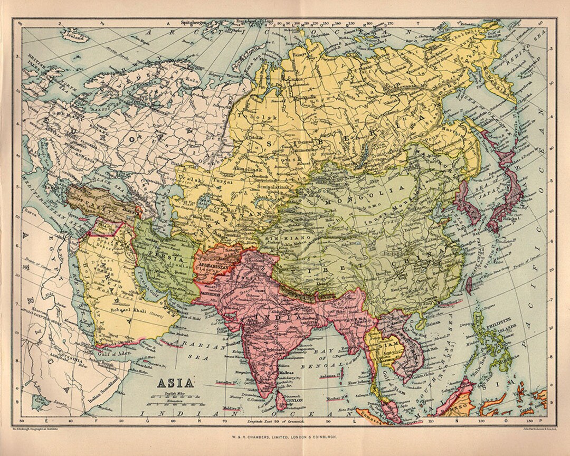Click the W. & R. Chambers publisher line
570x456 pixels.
284,438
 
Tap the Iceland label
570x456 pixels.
75,37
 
